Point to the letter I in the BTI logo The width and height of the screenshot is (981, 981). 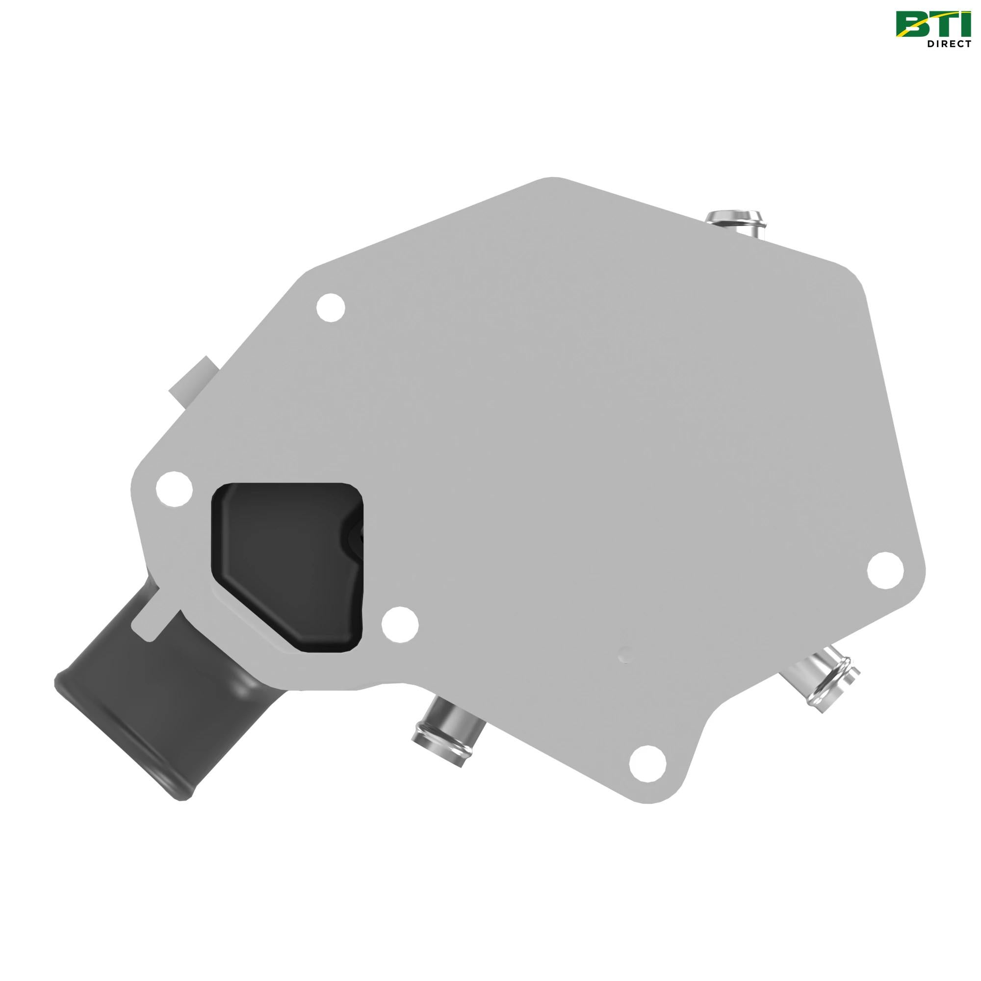pyautogui.click(x=964, y=25)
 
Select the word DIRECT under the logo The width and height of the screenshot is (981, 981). pyautogui.click(x=949, y=44)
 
